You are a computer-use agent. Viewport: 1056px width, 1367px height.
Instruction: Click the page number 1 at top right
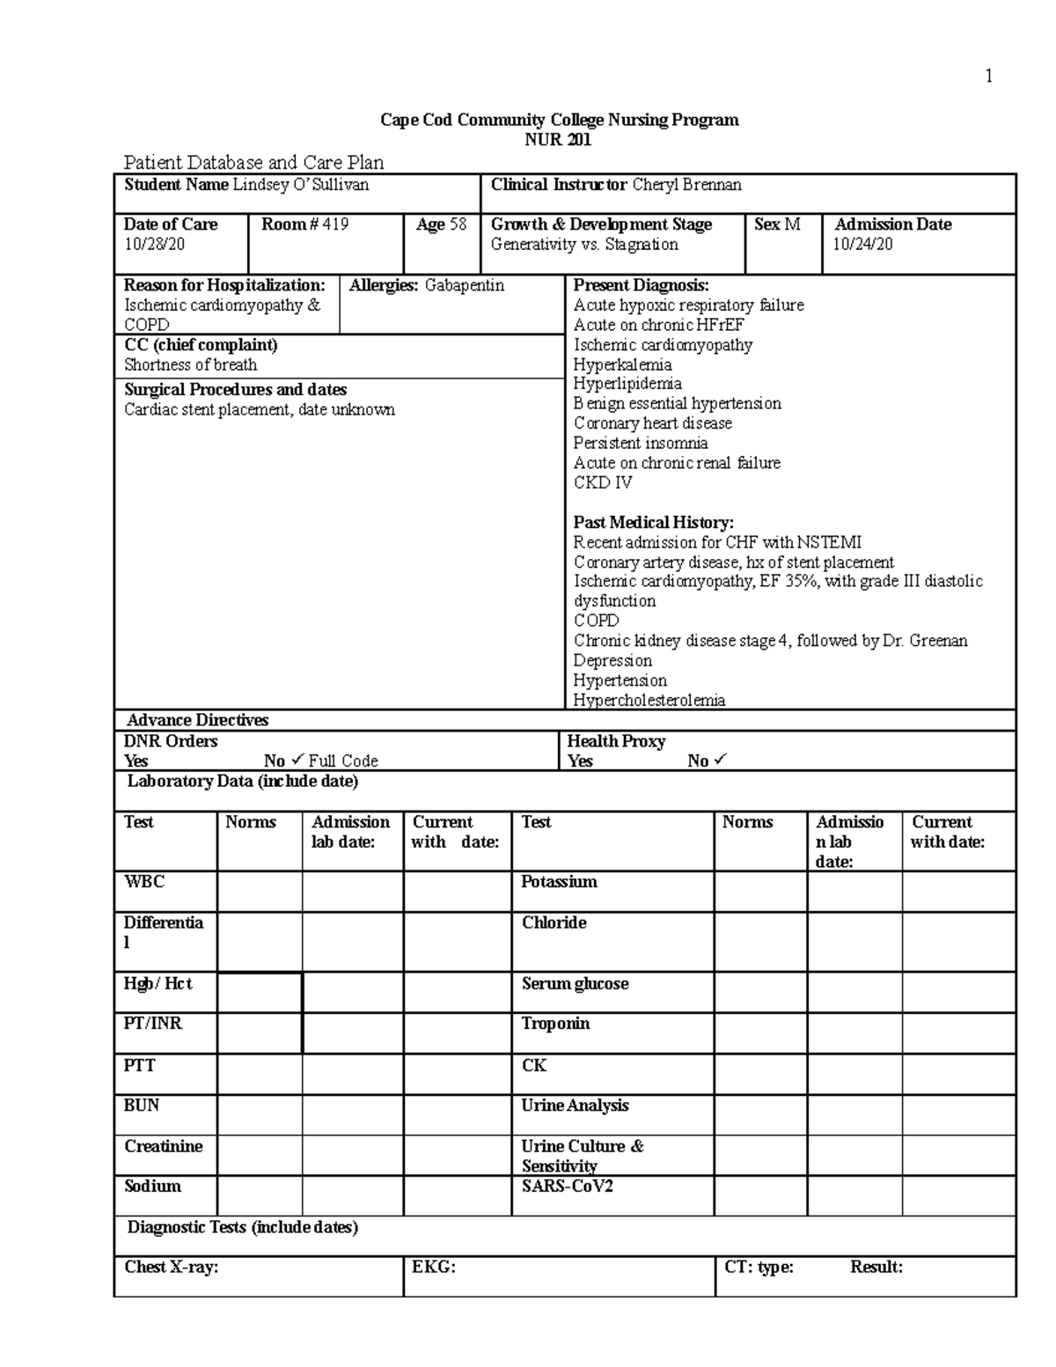click(x=989, y=77)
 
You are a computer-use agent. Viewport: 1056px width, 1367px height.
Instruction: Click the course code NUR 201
click(x=558, y=140)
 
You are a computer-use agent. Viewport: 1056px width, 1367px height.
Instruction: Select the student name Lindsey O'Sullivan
click(x=300, y=185)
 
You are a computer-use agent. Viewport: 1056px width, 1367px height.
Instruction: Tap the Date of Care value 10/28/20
click(x=154, y=245)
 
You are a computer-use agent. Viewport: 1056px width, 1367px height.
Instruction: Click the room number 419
click(x=334, y=224)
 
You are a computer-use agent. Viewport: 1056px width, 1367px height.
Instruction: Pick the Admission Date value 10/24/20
click(x=862, y=245)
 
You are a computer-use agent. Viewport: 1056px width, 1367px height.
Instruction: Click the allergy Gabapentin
click(x=465, y=286)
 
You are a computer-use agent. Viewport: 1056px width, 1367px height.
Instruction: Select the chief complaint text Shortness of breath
click(x=190, y=365)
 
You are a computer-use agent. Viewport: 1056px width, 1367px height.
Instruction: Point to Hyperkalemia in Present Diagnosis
click(x=622, y=364)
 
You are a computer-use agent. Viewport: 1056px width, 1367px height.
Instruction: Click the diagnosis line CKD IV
click(x=603, y=482)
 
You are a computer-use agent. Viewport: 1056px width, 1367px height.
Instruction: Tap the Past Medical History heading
click(x=653, y=523)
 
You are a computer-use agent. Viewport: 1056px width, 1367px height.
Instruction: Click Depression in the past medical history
click(x=612, y=661)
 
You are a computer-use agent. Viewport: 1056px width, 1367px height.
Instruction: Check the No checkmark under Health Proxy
click(x=721, y=760)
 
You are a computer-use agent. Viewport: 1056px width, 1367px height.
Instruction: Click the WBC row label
click(x=144, y=882)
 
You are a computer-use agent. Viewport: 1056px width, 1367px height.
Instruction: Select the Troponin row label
click(x=555, y=1024)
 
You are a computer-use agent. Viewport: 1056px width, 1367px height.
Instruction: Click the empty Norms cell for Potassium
click(x=760, y=892)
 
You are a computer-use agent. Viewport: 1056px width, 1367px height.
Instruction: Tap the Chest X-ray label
click(x=171, y=1268)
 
